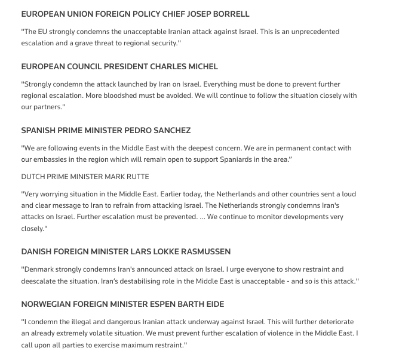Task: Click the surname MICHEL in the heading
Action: (x=199, y=66)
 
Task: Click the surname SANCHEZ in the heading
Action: (x=171, y=130)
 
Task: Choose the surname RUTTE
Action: (x=136, y=177)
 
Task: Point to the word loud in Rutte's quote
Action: (x=348, y=194)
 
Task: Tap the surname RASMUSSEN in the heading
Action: (x=201, y=252)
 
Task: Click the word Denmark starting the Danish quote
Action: (x=41, y=269)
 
